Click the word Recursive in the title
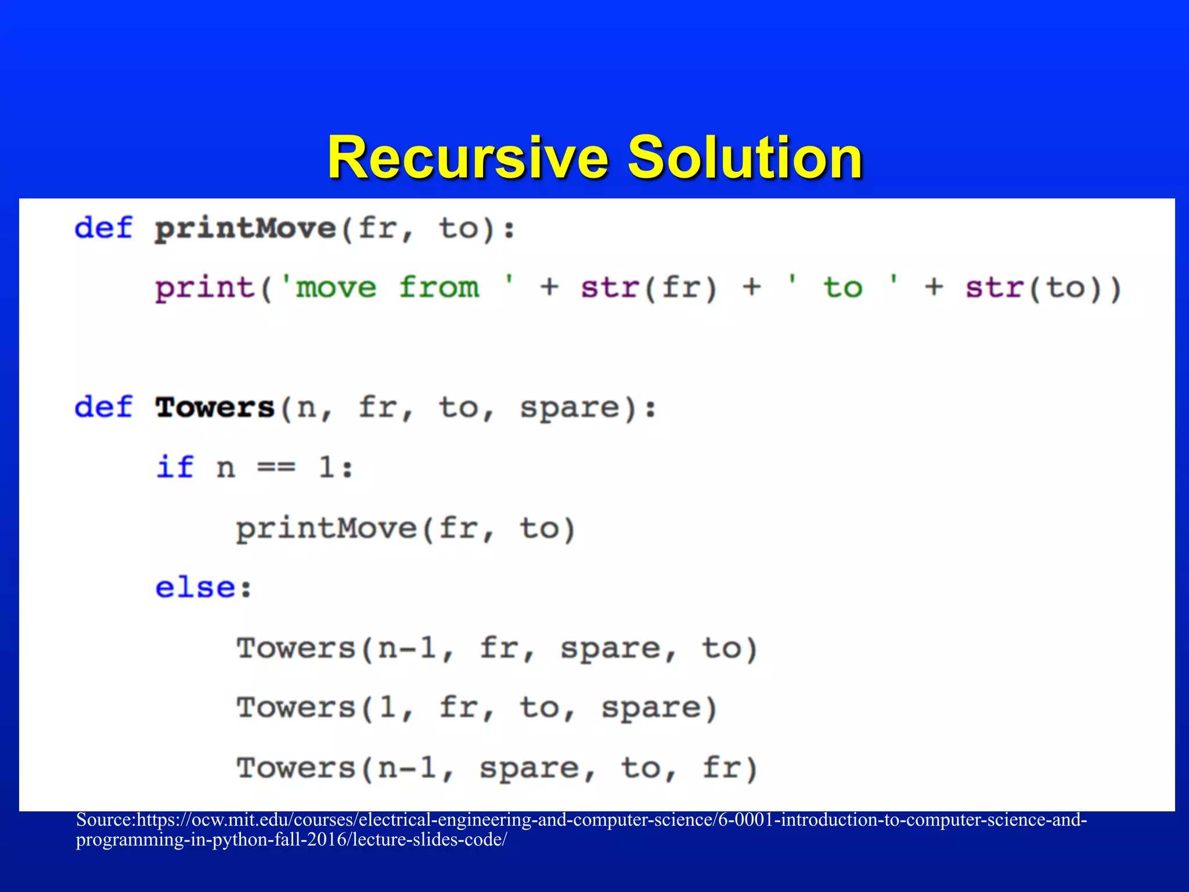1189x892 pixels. (x=468, y=158)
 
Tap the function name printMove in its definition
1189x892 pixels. (x=246, y=228)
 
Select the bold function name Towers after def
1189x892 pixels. (x=215, y=408)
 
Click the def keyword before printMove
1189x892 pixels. (x=103, y=228)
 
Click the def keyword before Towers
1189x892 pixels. (x=103, y=408)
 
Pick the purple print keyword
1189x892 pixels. (x=205, y=289)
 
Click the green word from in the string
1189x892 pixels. (x=439, y=288)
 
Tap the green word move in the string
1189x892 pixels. (x=336, y=289)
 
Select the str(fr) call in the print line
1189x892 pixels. (x=649, y=289)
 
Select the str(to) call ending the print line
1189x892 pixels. (x=1043, y=289)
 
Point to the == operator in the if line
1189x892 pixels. (x=276, y=467)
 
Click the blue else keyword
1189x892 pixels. (x=196, y=588)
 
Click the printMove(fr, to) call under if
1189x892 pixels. (x=405, y=529)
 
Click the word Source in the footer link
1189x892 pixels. (x=105, y=820)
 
